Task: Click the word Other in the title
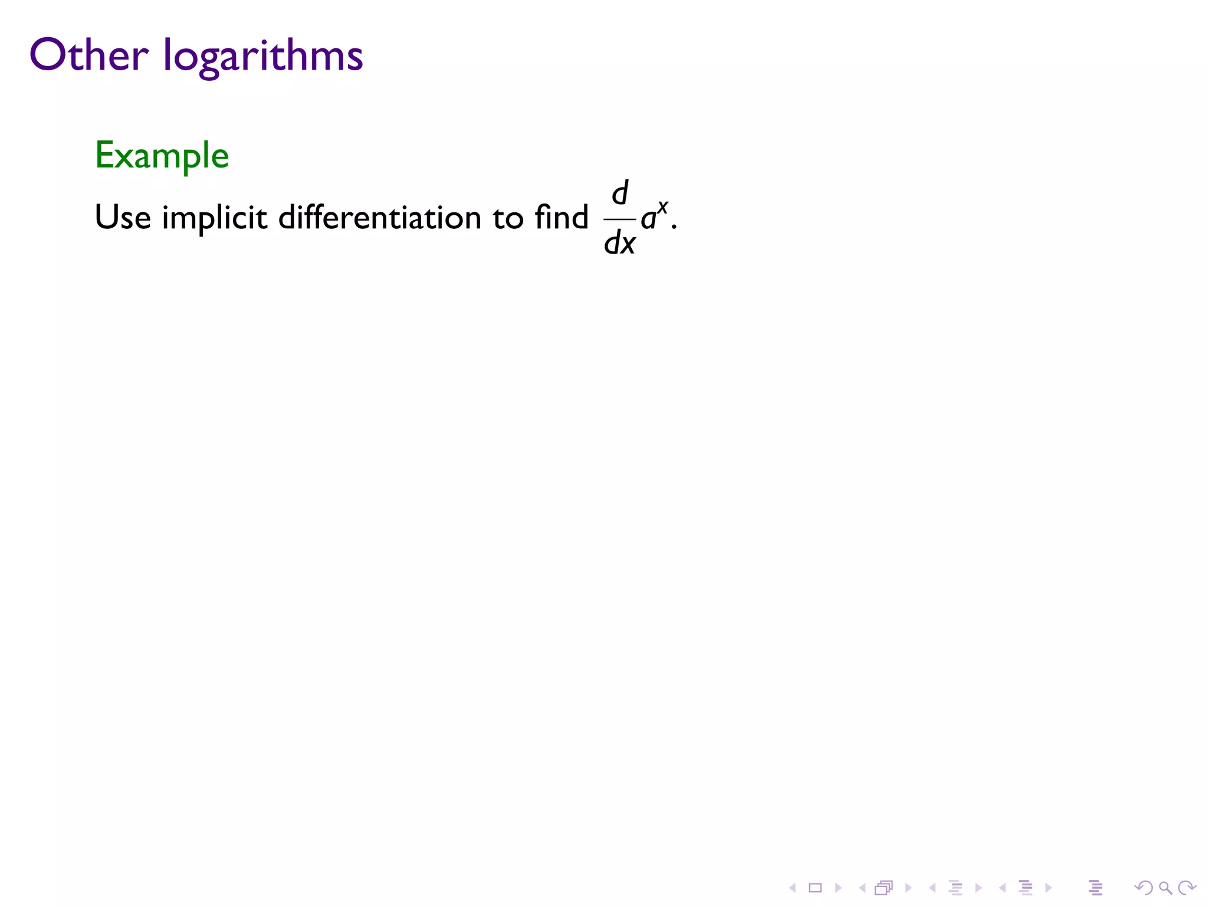(x=88, y=55)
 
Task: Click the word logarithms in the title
(x=263, y=58)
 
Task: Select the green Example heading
(x=162, y=156)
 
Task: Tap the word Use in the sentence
(x=123, y=217)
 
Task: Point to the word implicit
(x=214, y=219)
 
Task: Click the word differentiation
(x=380, y=217)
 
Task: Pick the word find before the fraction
(x=562, y=216)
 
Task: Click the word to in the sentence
(x=508, y=218)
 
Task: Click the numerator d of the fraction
(x=620, y=193)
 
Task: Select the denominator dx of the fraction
(x=619, y=242)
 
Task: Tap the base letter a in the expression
(x=648, y=219)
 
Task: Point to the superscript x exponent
(x=663, y=206)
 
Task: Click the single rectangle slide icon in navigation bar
(x=815, y=888)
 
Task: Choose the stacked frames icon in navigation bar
(x=884, y=888)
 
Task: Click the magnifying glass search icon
(x=1165, y=888)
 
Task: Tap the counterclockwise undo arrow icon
(x=1144, y=888)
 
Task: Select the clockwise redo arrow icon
(x=1186, y=888)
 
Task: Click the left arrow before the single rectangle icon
(x=793, y=888)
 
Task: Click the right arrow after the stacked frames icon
(x=908, y=888)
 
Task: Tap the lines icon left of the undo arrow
(x=1095, y=888)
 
